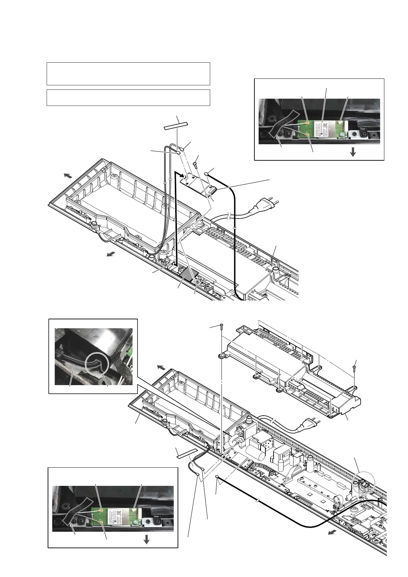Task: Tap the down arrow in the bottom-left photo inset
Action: (146, 540)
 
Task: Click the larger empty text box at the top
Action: (128, 73)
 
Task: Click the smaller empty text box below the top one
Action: (128, 97)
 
